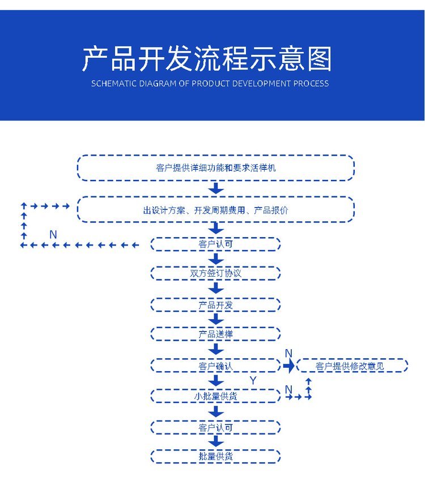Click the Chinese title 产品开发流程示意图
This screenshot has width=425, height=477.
207,58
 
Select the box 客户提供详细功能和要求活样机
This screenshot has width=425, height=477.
215,168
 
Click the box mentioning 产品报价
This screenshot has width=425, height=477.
215,210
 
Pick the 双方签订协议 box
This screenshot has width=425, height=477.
215,273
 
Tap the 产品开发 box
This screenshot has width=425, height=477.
215,305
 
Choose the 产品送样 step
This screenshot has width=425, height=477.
215,334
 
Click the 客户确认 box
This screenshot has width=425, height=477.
215,366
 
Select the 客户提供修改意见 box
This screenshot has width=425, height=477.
351,366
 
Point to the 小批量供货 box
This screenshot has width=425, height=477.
215,396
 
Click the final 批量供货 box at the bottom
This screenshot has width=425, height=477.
215,456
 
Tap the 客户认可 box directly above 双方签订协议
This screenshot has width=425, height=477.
215,244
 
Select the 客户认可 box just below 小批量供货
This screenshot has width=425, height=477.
215,428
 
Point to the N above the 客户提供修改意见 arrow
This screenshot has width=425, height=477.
288,354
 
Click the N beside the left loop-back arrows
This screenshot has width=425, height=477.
53,234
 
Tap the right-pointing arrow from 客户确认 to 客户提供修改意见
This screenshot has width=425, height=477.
289,366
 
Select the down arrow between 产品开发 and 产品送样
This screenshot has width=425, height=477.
216,319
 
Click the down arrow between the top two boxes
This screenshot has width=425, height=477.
216,188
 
